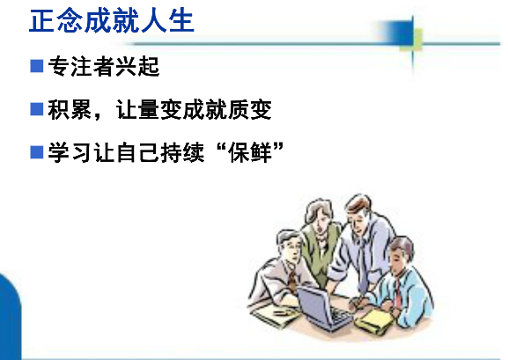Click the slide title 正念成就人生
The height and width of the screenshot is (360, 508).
[112, 21]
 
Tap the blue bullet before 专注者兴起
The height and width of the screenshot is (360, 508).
[37, 66]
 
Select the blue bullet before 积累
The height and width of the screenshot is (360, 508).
[37, 109]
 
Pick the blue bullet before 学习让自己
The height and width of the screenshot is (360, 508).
[37, 152]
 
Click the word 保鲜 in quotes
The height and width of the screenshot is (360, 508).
[250, 152]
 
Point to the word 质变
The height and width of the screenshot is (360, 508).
[250, 109]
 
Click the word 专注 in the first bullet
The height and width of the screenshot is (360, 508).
[70, 66]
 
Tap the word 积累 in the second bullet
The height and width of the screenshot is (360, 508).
[70, 109]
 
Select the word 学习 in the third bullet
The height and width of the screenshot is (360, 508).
[70, 152]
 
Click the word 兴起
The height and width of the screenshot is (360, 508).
[137, 66]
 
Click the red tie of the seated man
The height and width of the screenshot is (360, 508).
[397, 294]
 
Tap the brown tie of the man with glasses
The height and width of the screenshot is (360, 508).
[292, 280]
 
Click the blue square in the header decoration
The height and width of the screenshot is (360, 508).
[400, 33]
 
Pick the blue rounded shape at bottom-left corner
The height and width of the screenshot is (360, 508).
[10, 316]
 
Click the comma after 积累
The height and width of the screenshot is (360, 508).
[97, 116]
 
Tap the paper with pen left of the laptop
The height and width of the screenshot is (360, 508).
[276, 315]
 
